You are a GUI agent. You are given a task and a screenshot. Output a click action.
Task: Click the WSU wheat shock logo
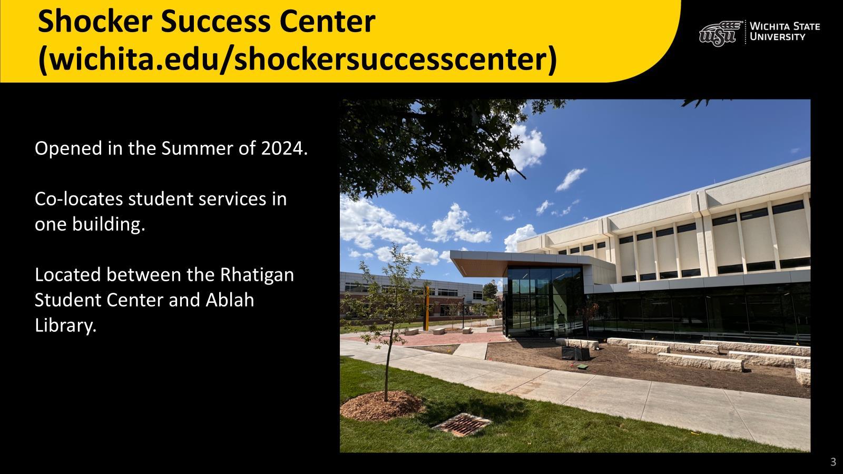click(720, 33)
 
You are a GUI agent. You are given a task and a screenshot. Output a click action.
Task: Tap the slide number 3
click(833, 461)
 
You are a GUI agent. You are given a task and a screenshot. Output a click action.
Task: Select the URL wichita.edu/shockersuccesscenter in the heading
click(298, 60)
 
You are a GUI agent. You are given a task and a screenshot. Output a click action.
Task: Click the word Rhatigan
click(257, 275)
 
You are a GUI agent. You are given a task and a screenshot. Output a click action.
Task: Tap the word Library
click(65, 326)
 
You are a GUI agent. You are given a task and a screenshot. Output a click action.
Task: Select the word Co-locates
click(79, 199)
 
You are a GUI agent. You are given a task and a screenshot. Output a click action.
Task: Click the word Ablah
click(230, 300)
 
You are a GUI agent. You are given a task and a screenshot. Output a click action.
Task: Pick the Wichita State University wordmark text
click(785, 32)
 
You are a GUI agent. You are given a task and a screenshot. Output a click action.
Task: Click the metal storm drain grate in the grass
click(462, 424)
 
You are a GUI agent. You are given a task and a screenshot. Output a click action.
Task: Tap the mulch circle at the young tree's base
click(382, 406)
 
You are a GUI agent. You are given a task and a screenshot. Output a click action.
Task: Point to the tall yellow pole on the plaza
click(426, 308)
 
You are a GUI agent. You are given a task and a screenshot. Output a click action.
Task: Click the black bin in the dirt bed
click(575, 353)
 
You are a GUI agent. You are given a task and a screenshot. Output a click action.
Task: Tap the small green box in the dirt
click(582, 366)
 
